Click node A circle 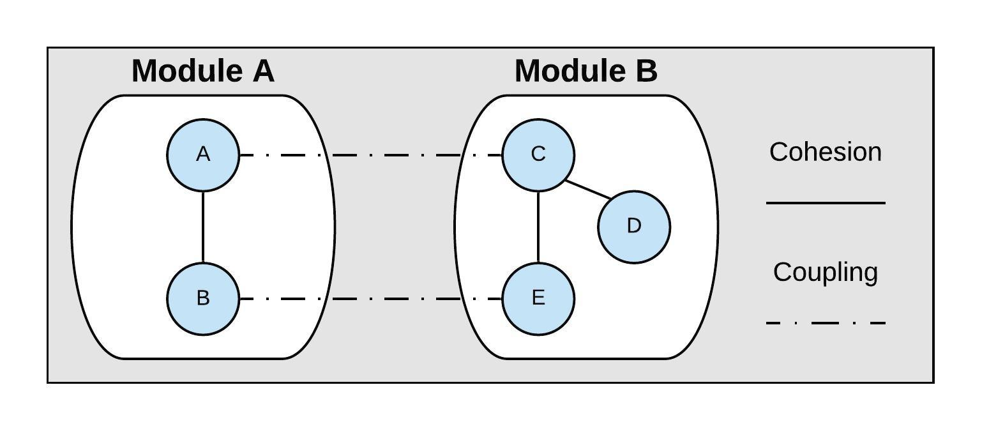(203, 155)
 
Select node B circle (203, 298)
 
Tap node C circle (538, 155)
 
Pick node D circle (633, 226)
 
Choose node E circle (538, 298)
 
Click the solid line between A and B (203, 227)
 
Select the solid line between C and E (538, 227)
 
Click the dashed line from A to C (370, 155)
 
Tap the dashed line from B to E (370, 298)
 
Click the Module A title (203, 71)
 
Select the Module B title (585, 71)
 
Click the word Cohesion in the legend (825, 152)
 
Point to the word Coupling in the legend (825, 272)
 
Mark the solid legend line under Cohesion (825, 203)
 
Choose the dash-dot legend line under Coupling (825, 323)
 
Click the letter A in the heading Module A (264, 71)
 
